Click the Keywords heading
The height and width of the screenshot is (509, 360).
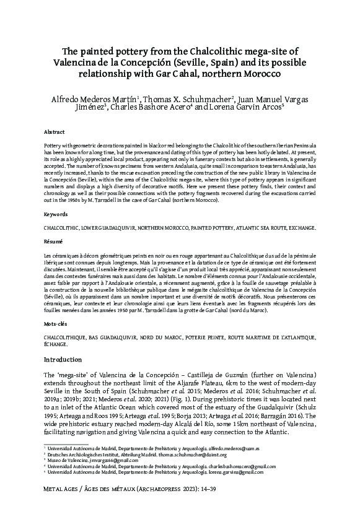coord(56,214)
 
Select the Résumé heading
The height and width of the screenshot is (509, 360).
coord(55,241)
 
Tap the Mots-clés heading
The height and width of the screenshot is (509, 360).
coord(57,323)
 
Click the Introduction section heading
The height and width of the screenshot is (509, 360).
coord(68,360)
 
